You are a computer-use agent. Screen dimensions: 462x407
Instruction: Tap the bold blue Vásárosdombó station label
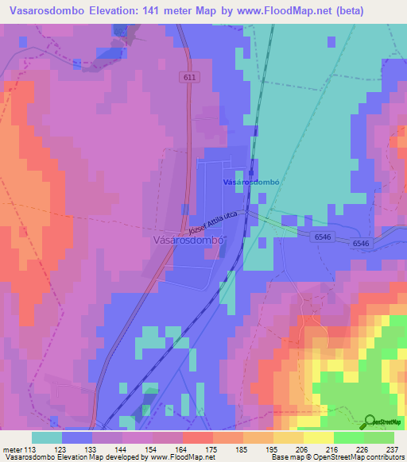click(x=251, y=182)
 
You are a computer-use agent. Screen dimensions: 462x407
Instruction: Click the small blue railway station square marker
click(x=250, y=170)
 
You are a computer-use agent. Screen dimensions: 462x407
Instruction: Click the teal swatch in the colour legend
click(x=47, y=437)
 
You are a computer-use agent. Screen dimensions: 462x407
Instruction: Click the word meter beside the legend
click(x=13, y=449)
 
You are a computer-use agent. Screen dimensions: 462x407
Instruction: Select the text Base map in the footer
click(x=285, y=458)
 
